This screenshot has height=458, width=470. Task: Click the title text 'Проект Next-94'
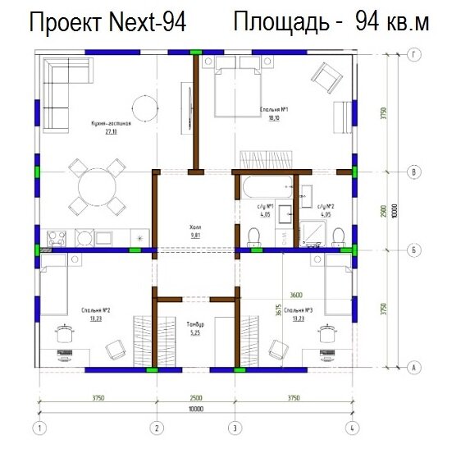(x=107, y=23)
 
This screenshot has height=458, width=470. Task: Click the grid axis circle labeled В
(x=415, y=172)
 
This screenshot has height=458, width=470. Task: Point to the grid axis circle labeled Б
(x=415, y=249)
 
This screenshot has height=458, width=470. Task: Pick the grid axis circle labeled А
(x=415, y=368)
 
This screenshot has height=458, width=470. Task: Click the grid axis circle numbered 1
(x=38, y=428)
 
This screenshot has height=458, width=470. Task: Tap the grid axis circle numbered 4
(x=352, y=428)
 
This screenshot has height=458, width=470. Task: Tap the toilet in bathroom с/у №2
(x=338, y=237)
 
